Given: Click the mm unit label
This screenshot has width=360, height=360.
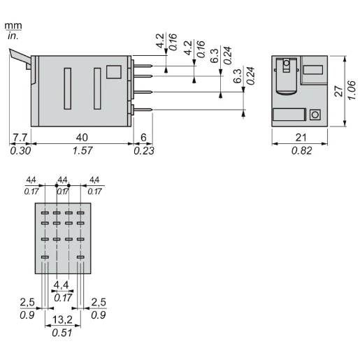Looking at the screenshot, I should pos(13,26).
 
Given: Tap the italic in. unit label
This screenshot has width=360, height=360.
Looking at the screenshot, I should pos(13,35).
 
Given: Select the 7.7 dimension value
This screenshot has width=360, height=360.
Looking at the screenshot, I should pos(20,137).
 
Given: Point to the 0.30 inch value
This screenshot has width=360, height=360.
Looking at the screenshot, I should pos(20,150).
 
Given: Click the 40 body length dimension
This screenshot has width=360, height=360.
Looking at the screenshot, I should pos(82,137).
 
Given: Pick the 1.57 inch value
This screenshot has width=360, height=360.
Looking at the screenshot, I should pos(82,150).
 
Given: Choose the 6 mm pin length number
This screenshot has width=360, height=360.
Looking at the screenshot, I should pos(143,137).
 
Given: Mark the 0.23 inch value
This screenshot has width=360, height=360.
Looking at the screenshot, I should pos(145,150).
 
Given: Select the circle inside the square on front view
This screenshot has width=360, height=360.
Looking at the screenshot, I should pos(315,115).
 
